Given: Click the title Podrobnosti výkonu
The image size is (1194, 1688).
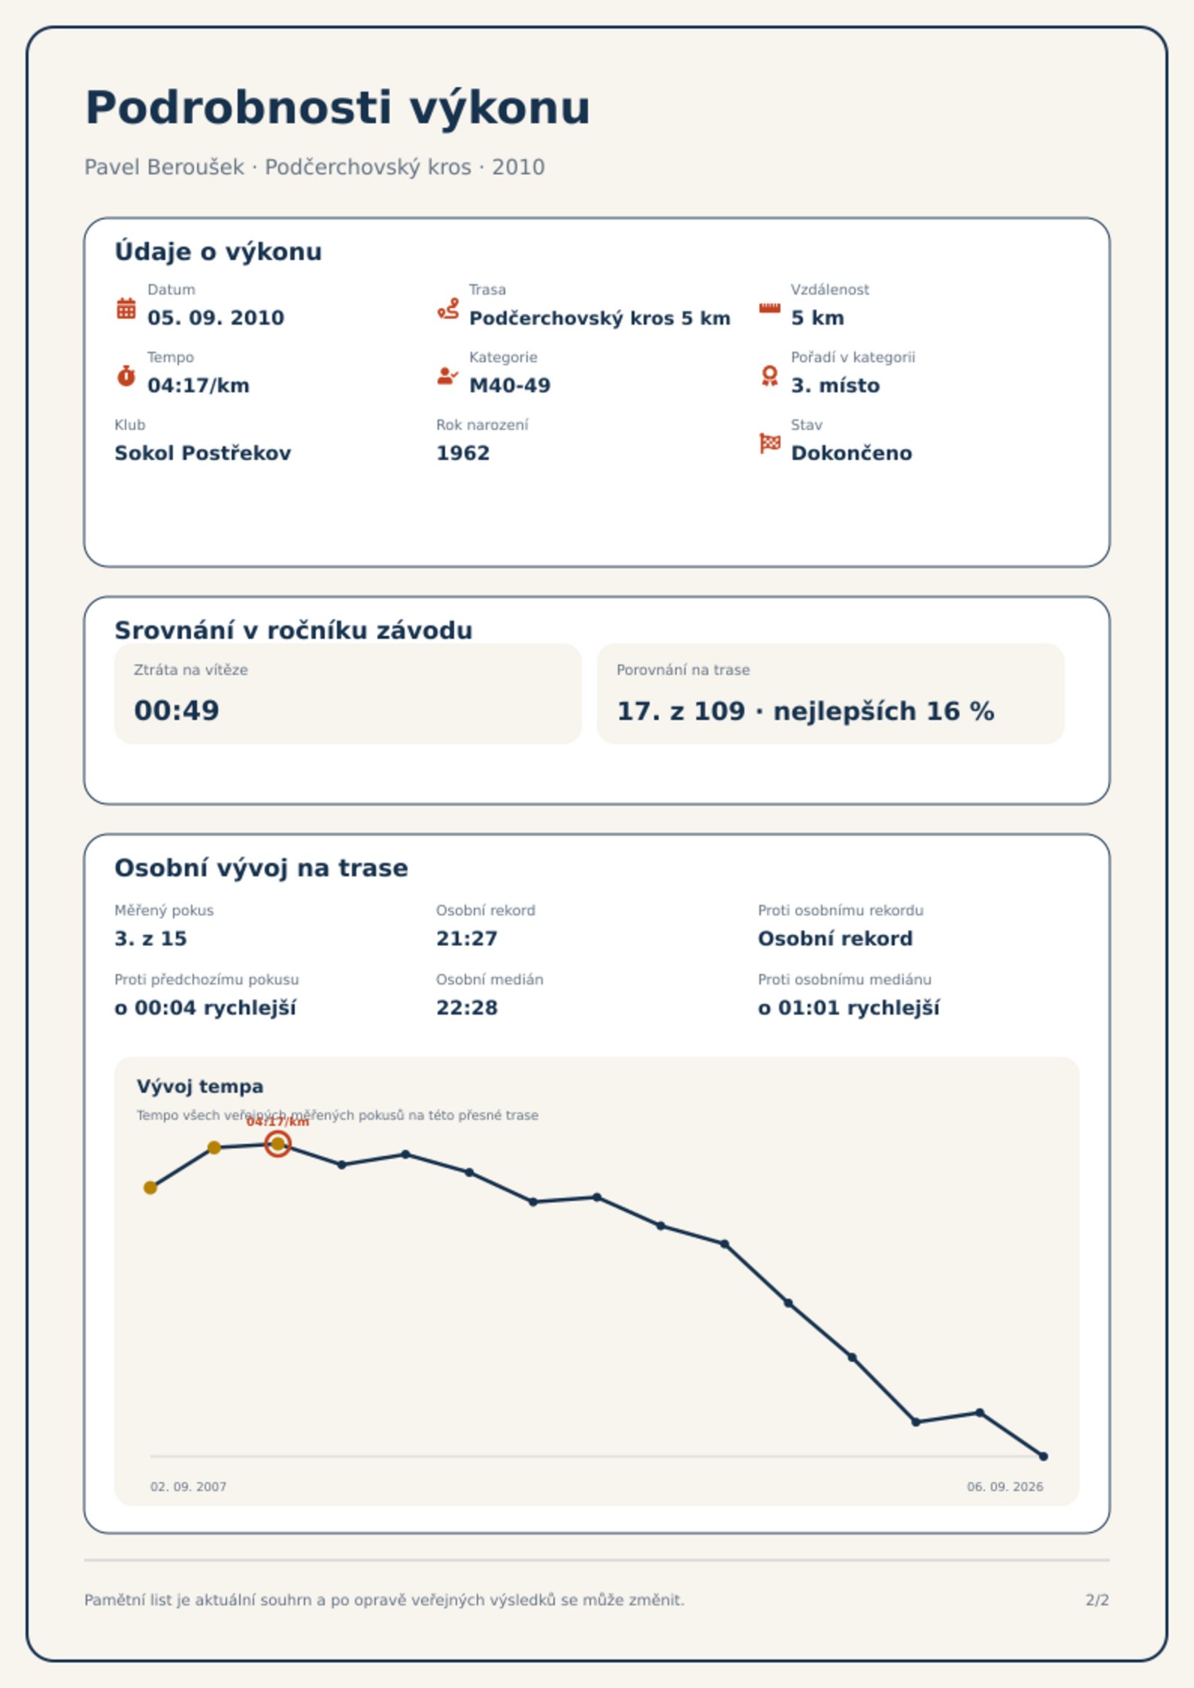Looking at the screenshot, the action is click(338, 108).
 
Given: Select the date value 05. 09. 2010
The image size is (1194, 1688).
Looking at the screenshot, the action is click(216, 318).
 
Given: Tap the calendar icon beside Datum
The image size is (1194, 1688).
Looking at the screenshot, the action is click(126, 308).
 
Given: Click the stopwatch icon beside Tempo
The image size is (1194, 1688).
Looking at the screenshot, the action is click(126, 376).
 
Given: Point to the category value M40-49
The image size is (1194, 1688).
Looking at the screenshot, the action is click(510, 386).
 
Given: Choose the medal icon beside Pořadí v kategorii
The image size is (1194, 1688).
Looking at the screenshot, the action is click(769, 376).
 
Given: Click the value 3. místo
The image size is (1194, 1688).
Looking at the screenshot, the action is click(835, 386).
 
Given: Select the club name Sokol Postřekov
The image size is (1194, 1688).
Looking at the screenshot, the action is click(202, 453).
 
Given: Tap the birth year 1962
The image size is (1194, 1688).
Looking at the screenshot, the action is click(463, 453).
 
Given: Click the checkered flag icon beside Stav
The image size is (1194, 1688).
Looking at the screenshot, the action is click(770, 443).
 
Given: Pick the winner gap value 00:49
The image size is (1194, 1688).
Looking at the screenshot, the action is click(177, 711).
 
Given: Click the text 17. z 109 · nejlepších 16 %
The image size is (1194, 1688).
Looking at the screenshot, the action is click(805, 711).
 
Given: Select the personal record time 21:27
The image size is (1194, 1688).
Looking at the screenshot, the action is click(467, 939).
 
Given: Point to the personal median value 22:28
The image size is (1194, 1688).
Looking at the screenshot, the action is click(467, 1008).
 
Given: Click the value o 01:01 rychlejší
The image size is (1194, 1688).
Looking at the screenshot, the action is click(849, 1008).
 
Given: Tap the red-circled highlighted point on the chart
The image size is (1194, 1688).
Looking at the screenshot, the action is click(277, 1144).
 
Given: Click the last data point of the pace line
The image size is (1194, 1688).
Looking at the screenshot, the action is click(1043, 1457).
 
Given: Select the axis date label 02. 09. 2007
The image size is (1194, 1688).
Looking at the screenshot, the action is click(188, 1487).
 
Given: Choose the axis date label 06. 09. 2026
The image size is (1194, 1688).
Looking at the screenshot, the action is click(1005, 1487).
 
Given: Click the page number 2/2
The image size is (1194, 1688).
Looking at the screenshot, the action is click(1097, 1600).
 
